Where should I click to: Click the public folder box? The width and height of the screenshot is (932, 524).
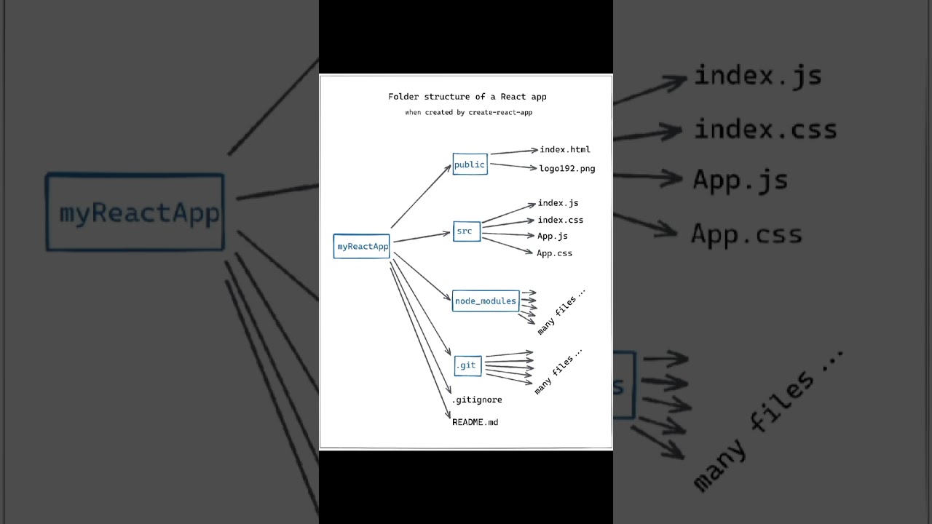click(470, 164)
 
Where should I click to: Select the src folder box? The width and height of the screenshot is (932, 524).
click(466, 231)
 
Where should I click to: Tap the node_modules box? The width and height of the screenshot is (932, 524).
click(486, 301)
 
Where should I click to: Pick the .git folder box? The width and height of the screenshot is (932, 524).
click(467, 365)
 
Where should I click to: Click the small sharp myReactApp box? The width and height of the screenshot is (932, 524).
click(362, 246)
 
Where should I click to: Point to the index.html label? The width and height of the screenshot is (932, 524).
click(565, 149)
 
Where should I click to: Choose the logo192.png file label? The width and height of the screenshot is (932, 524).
click(567, 168)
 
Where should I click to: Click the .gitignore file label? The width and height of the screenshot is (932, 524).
click(477, 400)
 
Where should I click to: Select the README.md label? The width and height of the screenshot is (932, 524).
click(475, 422)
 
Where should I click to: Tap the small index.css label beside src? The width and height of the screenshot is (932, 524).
click(560, 220)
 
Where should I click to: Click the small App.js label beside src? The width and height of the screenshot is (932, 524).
click(553, 236)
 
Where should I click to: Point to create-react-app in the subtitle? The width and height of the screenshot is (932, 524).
click(500, 113)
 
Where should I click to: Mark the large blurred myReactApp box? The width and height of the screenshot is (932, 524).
click(135, 213)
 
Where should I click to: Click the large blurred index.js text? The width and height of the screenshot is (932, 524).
click(758, 76)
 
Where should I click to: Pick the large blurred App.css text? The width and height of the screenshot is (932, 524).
click(746, 234)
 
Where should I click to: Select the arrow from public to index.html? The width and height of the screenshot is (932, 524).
click(513, 151)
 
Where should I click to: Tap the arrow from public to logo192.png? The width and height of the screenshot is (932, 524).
click(513, 167)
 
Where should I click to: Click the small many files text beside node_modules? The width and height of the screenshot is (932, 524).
click(561, 311)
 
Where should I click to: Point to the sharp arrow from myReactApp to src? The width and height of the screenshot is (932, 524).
click(421, 237)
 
